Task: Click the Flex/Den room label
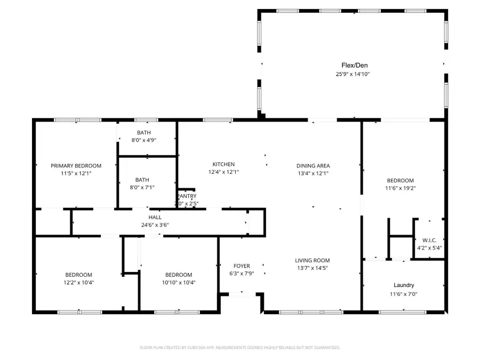point(351,65)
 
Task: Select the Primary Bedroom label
point(76,166)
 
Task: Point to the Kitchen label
point(223,164)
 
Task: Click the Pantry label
point(186,196)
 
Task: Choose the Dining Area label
point(313,166)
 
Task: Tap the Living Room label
point(313,260)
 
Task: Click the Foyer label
point(242,266)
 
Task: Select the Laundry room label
point(404,285)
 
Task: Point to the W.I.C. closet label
point(429,239)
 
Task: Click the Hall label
point(155,217)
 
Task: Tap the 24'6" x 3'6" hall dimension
point(155,225)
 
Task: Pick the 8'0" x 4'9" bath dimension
point(143,140)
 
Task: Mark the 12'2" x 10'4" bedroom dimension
point(79,283)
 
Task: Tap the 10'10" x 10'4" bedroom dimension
point(179,283)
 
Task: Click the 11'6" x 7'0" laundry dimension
point(404,294)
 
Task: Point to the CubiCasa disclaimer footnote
point(239,347)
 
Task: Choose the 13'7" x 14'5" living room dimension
point(313,268)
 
